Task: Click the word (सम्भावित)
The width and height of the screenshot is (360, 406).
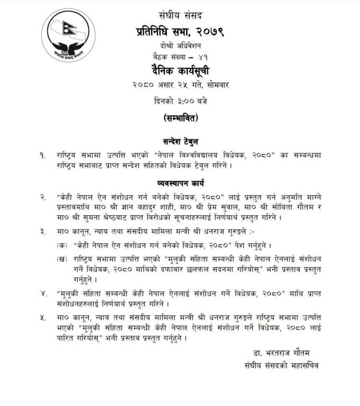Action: coord(180,117)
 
